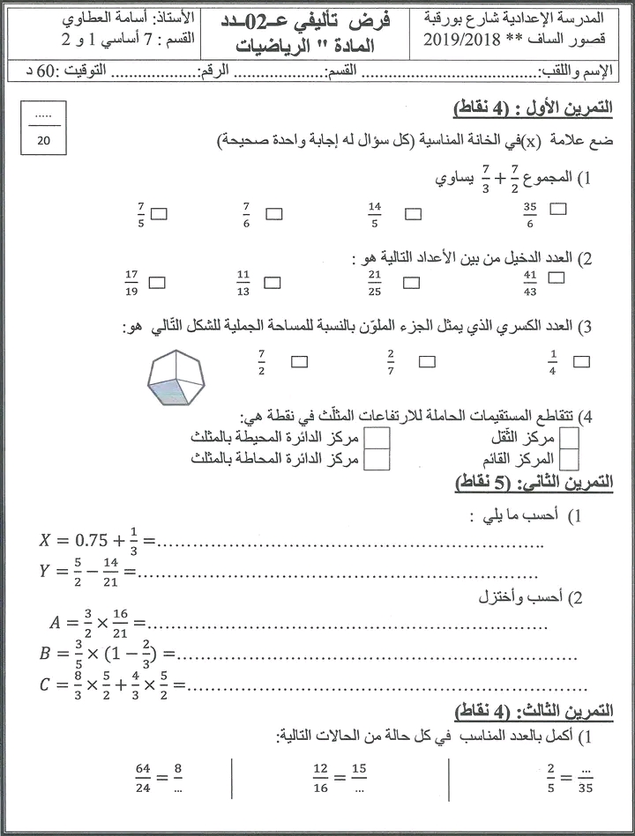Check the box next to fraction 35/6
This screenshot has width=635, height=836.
pyautogui.click(x=557, y=209)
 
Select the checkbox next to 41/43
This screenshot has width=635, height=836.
pyautogui.click(x=556, y=277)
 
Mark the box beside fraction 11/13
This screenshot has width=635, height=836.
pyautogui.click(x=273, y=283)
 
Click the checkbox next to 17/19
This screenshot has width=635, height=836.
pyautogui.click(x=158, y=282)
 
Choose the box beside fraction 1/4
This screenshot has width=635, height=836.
pyautogui.click(x=581, y=360)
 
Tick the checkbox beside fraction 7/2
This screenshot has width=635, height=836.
pyautogui.click(x=300, y=360)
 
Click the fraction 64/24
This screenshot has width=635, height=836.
pyautogui.click(x=143, y=776)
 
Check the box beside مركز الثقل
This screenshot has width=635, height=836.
pyautogui.click(x=570, y=437)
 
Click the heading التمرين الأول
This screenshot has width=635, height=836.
pyautogui.click(x=558, y=108)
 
